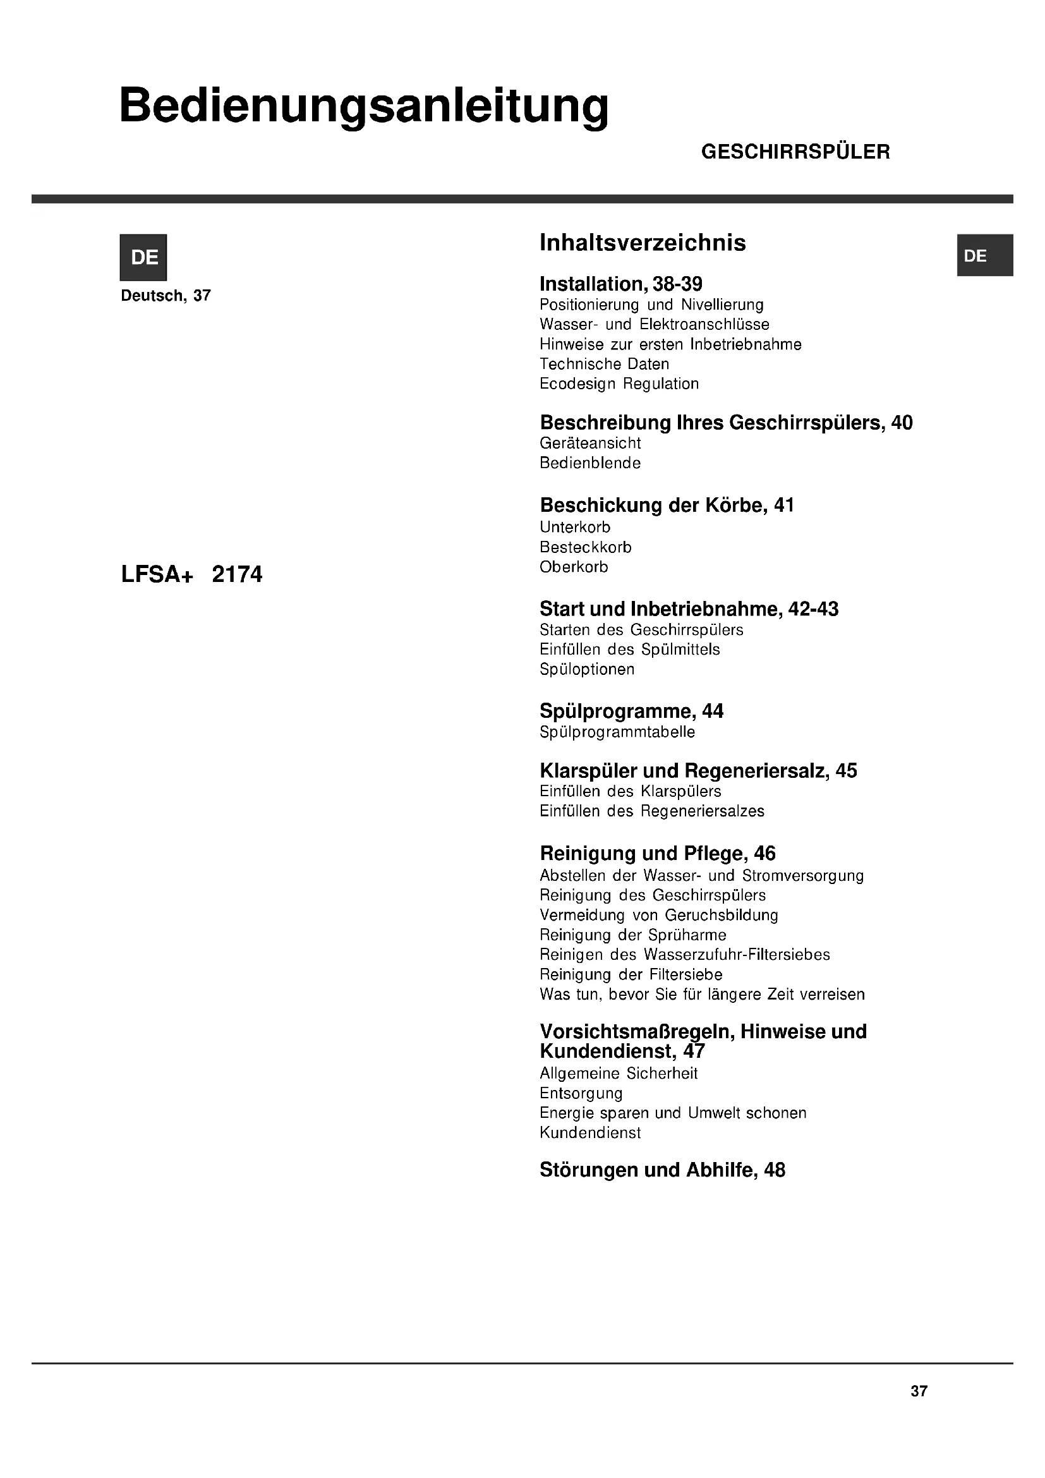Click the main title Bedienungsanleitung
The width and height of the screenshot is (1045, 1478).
[363, 106]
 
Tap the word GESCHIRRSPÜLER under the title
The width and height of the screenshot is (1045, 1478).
[795, 152]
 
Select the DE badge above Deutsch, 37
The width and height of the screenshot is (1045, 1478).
[143, 257]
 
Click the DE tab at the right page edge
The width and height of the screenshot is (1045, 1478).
[984, 255]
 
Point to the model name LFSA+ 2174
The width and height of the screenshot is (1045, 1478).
[192, 574]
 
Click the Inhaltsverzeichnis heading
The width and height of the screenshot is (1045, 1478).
[642, 243]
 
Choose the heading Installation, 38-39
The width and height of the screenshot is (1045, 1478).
[620, 284]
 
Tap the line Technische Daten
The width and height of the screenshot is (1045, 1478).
[604, 364]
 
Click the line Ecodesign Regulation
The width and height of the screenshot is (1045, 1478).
[619, 384]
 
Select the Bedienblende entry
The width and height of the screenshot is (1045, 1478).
[590, 463]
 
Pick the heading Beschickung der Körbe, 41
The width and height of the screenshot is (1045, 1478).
[667, 506]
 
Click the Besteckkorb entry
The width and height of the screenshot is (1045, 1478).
[586, 547]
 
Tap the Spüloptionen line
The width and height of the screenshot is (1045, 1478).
[587, 669]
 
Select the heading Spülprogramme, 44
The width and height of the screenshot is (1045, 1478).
[631, 712]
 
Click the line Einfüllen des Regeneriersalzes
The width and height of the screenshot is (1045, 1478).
[652, 811]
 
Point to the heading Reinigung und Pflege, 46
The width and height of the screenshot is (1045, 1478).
[658, 854]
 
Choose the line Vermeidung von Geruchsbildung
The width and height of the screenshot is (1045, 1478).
[659, 915]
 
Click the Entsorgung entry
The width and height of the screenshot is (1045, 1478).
[581, 1093]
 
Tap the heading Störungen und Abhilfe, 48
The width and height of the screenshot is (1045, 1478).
[662, 1170]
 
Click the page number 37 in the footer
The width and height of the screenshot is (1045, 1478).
[919, 1391]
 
